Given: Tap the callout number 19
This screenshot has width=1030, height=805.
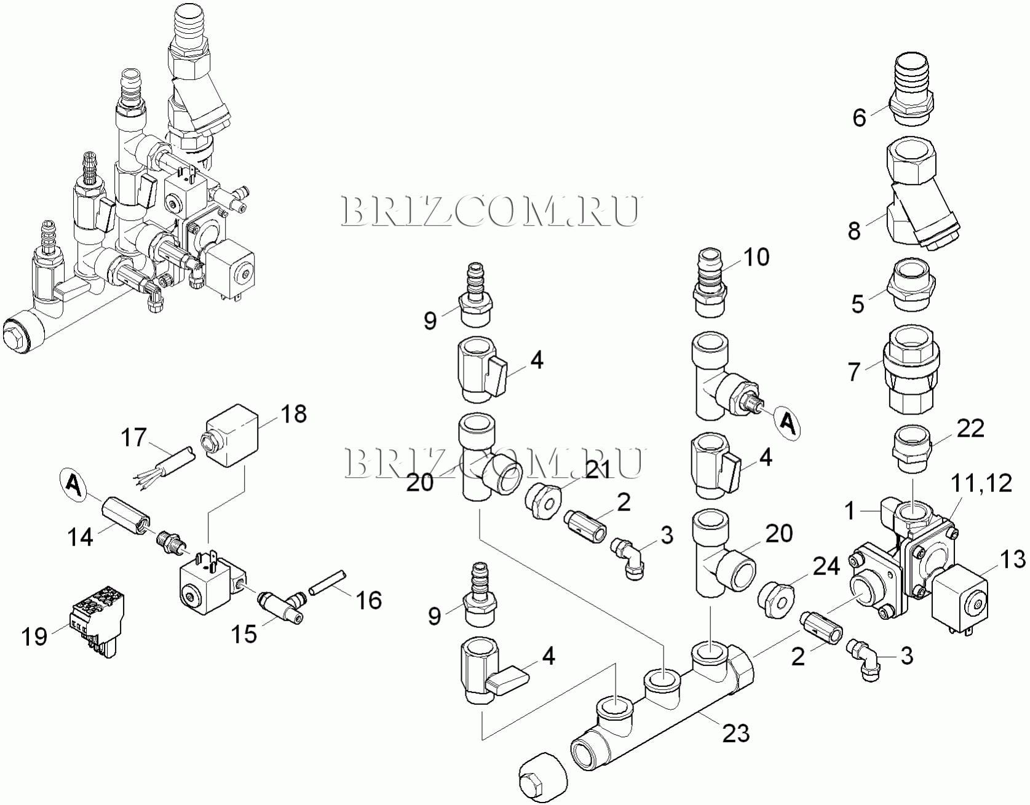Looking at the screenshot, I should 34,636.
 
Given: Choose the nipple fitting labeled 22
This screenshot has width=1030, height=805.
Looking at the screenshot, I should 912,450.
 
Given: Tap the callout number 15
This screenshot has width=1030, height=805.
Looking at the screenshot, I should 244,634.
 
